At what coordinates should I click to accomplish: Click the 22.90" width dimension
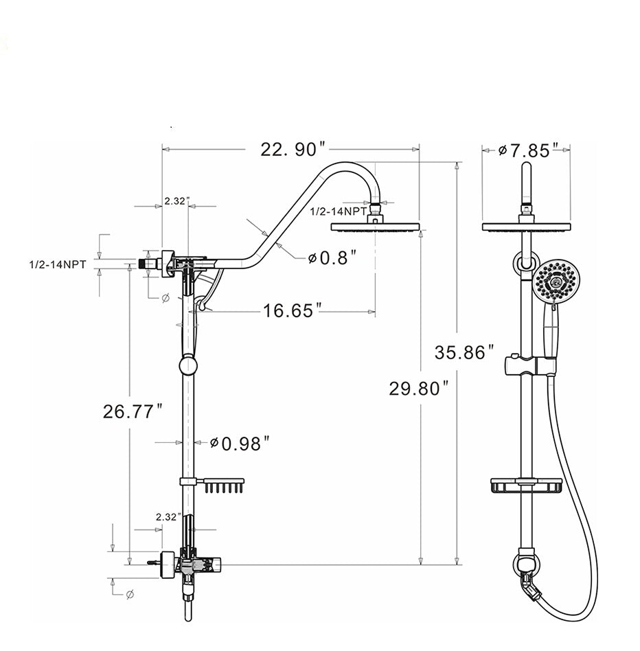tap(292, 149)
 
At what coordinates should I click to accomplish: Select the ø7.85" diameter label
tap(525, 150)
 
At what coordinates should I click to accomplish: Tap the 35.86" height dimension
tap(464, 353)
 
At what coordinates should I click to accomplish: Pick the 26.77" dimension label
tap(133, 411)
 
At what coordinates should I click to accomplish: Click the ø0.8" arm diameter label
tap(332, 258)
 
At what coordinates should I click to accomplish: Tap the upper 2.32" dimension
tap(174, 201)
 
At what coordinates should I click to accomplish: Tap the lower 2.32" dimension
tap(168, 516)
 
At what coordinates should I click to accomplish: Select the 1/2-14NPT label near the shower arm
tap(339, 212)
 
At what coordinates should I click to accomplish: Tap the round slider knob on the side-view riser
tap(187, 365)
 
